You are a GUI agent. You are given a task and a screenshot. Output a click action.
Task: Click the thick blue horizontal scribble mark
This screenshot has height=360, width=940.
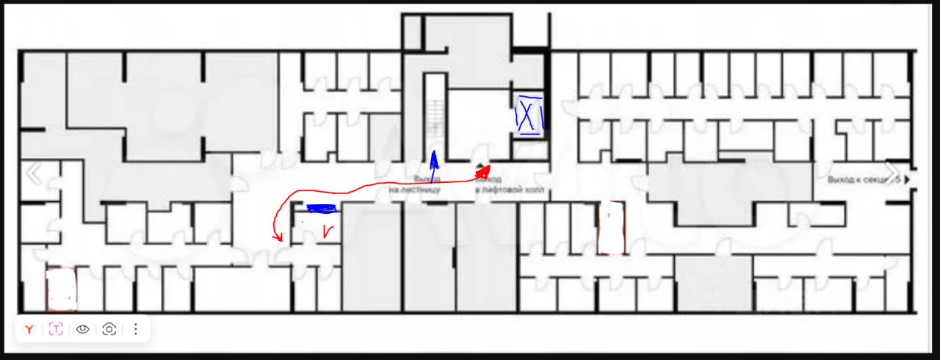coord(321,209)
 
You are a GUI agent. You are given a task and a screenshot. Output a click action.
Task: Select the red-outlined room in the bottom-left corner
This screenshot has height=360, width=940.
coord(61,289)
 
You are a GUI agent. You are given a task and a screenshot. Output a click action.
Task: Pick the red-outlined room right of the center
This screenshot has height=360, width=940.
coord(611,228)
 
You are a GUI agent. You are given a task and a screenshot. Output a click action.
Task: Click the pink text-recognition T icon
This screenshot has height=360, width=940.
coord(56,329)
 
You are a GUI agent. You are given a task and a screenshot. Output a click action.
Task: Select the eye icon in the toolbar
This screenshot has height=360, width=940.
coord(82,329)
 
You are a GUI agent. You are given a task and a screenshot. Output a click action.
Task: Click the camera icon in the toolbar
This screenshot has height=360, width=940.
coord(109,329)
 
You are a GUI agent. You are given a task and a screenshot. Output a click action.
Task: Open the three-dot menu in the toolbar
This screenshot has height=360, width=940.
coord(136,329)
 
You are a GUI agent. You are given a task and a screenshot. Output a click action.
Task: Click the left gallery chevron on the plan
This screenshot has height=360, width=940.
coord(34,174)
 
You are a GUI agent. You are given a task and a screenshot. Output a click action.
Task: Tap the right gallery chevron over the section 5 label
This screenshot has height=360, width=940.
coord(891,174)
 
